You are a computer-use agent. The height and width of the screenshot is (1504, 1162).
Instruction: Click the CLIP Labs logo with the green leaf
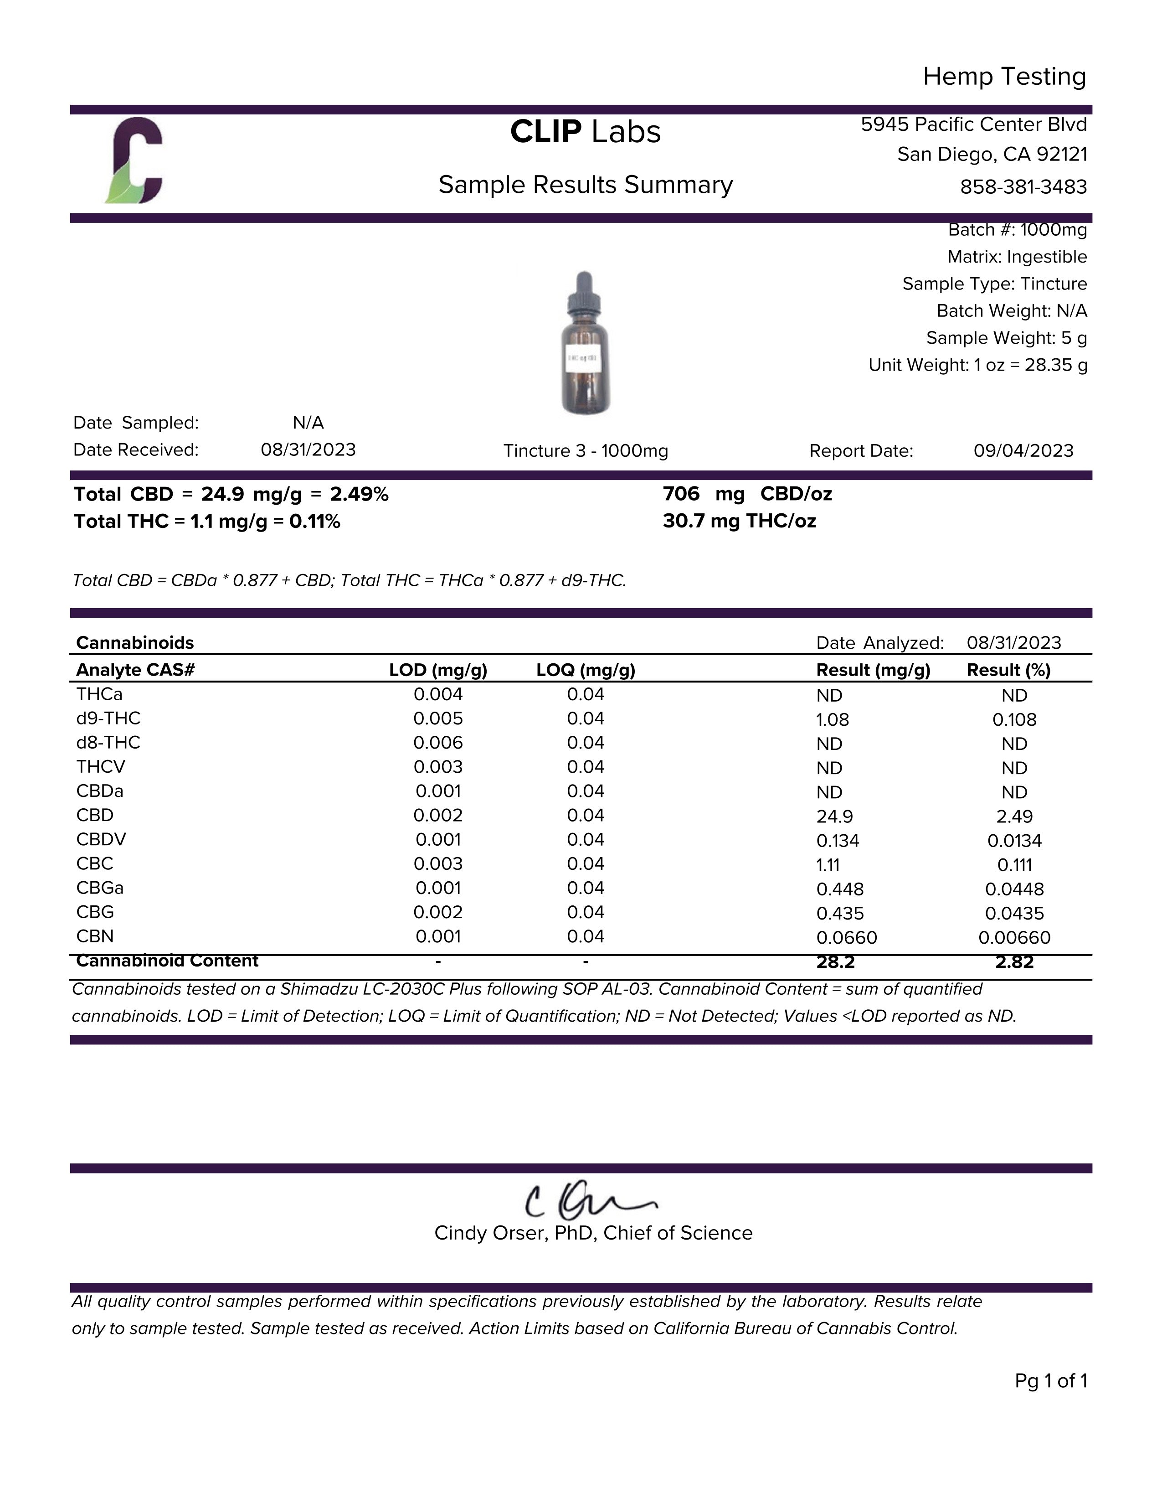click(x=135, y=161)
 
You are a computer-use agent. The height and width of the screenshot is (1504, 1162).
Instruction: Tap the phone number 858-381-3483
click(x=1023, y=186)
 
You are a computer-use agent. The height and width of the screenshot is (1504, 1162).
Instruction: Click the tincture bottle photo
click(x=585, y=343)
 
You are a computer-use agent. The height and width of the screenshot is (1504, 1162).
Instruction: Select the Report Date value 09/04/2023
click(x=1023, y=450)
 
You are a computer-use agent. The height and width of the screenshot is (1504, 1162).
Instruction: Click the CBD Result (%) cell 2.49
click(x=1014, y=816)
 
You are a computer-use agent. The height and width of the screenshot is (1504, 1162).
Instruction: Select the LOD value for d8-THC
click(x=438, y=742)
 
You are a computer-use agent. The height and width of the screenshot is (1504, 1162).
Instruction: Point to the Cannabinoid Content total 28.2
click(x=835, y=962)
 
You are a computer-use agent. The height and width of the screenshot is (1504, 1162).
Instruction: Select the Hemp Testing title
click(x=1004, y=77)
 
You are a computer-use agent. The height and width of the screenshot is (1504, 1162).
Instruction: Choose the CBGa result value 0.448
click(x=840, y=889)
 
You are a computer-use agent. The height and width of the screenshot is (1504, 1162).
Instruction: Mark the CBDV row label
click(x=101, y=839)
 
